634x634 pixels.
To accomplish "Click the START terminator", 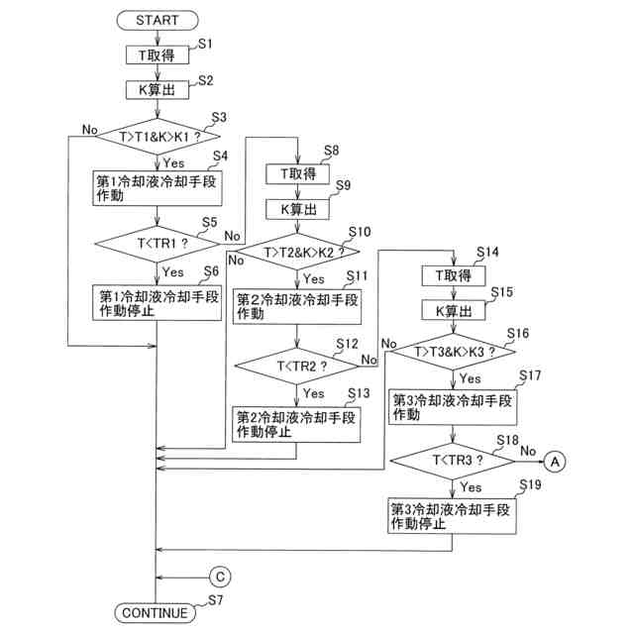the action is coord(158,20).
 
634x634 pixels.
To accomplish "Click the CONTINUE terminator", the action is coord(156,613).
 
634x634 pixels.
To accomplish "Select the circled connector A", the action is coord(555,462).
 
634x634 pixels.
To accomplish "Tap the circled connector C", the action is coord(220,577).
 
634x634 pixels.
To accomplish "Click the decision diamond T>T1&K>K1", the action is coord(158,137).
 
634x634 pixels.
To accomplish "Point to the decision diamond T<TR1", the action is coord(158,244).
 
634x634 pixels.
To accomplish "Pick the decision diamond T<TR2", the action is coord(297,367).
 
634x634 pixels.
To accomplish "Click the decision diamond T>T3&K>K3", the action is coord(454,352).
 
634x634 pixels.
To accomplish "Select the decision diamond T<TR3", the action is coord(453,461).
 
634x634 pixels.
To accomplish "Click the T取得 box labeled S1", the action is coord(158,55).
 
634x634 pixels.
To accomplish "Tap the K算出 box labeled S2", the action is coord(158,90).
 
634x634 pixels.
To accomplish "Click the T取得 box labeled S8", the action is coord(297,174).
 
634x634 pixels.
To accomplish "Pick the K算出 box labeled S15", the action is coord(454,310).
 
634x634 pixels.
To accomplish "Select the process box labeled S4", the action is coord(158,188).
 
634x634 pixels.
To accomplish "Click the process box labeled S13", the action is coord(296,425).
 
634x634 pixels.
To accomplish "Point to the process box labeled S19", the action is coord(452,516).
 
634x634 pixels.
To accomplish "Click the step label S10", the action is coord(360,232).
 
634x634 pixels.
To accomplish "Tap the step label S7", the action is coord(216,600).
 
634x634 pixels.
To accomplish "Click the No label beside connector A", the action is coord(528,451).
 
